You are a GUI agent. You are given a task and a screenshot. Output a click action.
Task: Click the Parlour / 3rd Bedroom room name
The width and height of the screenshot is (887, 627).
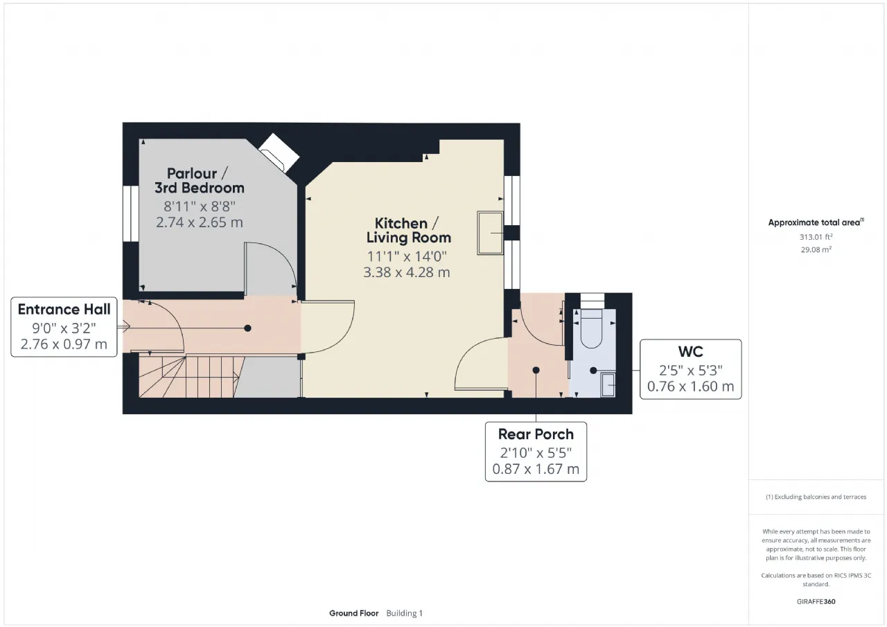[x=199, y=181]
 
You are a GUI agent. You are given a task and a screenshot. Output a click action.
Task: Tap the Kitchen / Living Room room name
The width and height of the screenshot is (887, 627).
[x=408, y=231]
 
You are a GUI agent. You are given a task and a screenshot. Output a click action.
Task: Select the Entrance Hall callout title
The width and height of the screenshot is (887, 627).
[x=64, y=309]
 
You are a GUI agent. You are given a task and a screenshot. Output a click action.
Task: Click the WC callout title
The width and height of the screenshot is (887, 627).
[x=691, y=351]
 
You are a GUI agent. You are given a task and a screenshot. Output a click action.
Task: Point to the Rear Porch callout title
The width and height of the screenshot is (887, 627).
[x=536, y=434]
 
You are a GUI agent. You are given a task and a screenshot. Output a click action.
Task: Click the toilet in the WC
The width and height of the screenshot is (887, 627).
[x=591, y=328]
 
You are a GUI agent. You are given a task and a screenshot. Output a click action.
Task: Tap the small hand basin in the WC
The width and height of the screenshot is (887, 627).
[x=608, y=385]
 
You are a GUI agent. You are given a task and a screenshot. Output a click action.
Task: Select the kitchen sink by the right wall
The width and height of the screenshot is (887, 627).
[x=490, y=233]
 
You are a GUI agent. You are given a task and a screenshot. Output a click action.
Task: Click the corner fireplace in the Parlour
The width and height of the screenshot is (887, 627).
[x=279, y=153]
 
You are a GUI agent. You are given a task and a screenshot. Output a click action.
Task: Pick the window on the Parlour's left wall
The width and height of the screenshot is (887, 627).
[x=130, y=213]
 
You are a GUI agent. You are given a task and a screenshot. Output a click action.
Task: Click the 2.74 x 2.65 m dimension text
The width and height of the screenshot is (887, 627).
[x=199, y=222]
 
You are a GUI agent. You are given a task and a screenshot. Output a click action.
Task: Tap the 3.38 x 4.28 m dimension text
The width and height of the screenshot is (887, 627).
[x=407, y=272]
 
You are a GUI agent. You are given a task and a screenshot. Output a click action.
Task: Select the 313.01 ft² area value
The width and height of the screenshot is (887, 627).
[x=816, y=237]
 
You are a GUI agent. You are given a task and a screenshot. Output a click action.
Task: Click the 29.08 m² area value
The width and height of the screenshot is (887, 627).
[x=816, y=249]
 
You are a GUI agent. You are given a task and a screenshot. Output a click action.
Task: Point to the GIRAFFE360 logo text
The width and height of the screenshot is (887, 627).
[x=816, y=601]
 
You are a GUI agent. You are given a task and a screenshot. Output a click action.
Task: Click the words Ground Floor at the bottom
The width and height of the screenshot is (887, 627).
[x=353, y=613]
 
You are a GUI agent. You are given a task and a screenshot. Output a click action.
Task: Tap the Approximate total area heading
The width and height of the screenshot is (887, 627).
[x=816, y=222]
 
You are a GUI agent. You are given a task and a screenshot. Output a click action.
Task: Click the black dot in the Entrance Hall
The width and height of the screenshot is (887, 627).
[x=247, y=328]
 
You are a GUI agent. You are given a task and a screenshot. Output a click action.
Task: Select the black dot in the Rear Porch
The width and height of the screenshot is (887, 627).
[x=536, y=370]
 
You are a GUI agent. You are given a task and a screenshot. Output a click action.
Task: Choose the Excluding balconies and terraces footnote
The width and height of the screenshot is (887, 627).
[x=816, y=497]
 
